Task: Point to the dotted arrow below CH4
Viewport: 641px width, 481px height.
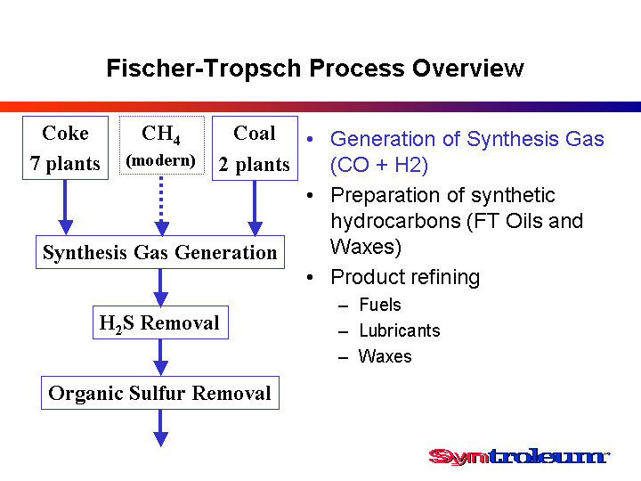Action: point(162,206)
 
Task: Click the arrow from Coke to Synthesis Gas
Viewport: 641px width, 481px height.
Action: point(65,208)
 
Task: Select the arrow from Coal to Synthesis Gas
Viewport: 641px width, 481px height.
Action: point(256,208)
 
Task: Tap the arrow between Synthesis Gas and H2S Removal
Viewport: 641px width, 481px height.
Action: point(160,288)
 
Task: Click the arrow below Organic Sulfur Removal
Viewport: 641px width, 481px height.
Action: point(160,428)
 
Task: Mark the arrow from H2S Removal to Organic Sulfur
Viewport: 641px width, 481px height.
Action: point(160,358)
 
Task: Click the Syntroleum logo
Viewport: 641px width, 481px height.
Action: point(519,456)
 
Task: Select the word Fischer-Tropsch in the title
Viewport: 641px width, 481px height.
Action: point(204,68)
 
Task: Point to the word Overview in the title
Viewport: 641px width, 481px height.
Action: point(468,68)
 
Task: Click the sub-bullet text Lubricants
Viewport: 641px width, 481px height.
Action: point(400,330)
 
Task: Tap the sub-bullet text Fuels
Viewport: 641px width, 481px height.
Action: point(380,305)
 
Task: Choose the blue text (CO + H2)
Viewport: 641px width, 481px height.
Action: point(379,165)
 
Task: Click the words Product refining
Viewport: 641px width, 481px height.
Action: point(405,277)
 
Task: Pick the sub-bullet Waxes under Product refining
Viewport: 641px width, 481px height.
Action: point(385,356)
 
